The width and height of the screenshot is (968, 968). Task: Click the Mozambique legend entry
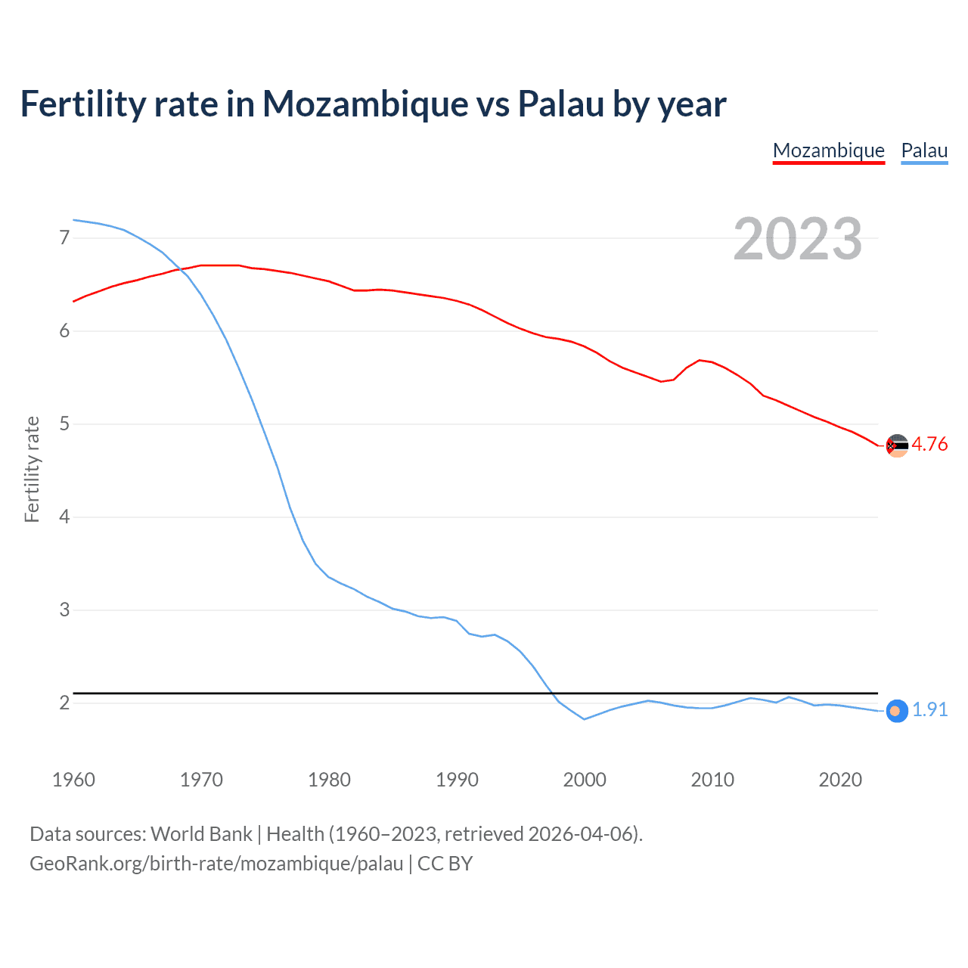click(828, 150)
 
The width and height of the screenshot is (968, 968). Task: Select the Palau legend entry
click(924, 150)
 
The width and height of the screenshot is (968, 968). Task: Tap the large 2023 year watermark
click(797, 239)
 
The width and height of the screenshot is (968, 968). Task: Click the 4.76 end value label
click(929, 444)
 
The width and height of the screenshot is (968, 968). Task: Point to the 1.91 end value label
click(929, 709)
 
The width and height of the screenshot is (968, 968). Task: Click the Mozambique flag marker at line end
click(896, 445)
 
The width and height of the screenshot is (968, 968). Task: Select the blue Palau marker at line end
click(896, 711)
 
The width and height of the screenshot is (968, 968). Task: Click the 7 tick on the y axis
click(64, 238)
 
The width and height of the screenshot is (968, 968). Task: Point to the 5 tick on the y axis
click(64, 424)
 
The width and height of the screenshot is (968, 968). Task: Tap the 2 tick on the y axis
click(64, 703)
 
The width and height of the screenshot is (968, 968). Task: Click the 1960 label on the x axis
click(73, 780)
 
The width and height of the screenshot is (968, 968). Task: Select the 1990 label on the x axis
click(457, 780)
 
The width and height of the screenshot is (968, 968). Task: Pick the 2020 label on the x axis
click(840, 780)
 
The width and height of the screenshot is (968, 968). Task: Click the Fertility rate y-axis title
click(32, 469)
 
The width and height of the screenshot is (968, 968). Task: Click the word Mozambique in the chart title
click(365, 104)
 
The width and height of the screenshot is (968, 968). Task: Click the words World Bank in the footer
click(201, 834)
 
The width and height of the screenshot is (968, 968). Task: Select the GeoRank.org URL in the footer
click(216, 864)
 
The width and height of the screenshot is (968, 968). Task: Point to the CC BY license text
click(445, 864)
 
